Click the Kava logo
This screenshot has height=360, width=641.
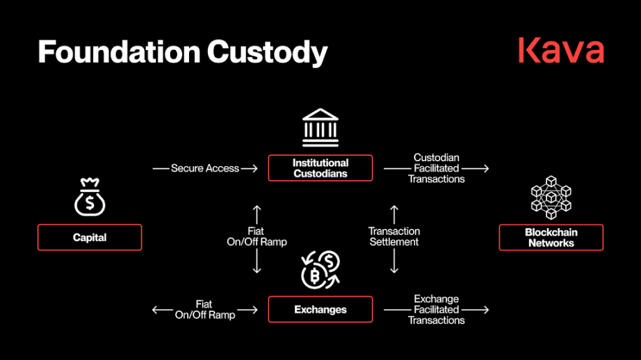(x=561, y=51)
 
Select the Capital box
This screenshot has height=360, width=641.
(x=90, y=238)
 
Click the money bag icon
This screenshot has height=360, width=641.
(x=90, y=197)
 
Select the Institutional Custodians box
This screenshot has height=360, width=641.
(x=320, y=168)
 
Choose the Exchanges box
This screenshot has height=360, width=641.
(x=320, y=309)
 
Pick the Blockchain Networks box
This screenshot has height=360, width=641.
(x=551, y=238)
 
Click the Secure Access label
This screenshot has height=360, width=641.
(x=205, y=168)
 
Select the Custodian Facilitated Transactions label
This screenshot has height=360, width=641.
(x=436, y=168)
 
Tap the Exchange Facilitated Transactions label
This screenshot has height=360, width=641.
(x=436, y=309)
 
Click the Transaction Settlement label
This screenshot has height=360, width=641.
(x=394, y=236)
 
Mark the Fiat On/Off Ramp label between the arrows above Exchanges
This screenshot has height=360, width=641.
(x=257, y=236)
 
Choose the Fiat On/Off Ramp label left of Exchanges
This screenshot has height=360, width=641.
(x=204, y=309)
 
